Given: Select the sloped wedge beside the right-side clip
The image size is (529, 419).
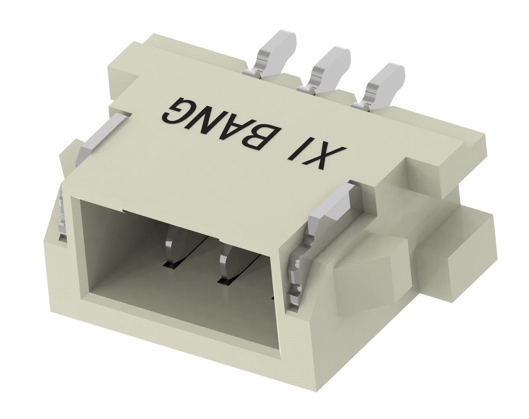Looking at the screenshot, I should [361, 271].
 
